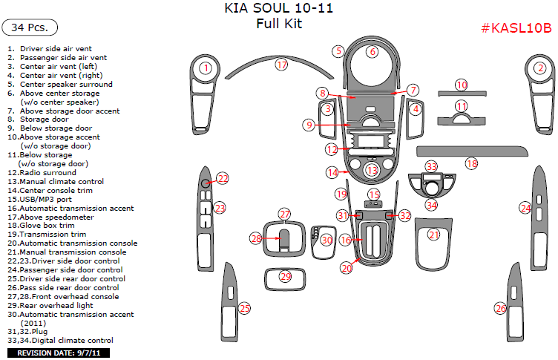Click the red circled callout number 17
(x=281, y=65)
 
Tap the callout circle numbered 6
(x=372, y=51)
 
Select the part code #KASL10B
(x=516, y=28)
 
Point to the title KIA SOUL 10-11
(x=278, y=9)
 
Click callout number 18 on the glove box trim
(x=472, y=163)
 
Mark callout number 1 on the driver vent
(x=206, y=68)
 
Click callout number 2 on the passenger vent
(x=541, y=68)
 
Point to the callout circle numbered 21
(x=434, y=235)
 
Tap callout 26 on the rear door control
(x=501, y=308)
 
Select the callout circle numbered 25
(x=244, y=308)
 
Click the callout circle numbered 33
(x=431, y=166)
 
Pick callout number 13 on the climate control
(x=372, y=171)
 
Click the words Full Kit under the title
(x=278, y=23)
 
